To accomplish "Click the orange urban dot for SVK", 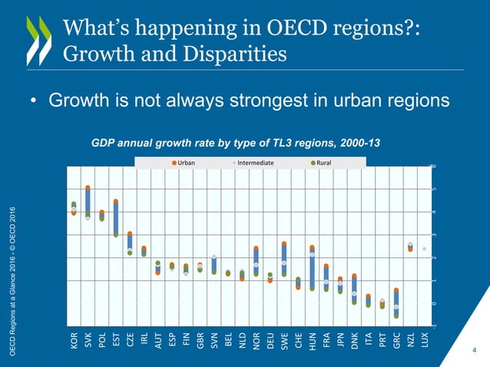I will tap(88, 188).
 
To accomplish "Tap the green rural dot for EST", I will tap(115, 234).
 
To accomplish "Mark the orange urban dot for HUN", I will tap(312, 248).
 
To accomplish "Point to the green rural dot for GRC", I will tap(396, 315).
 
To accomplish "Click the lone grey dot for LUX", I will tap(424, 249).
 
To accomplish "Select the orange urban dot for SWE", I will tap(284, 244).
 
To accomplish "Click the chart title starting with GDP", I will tap(236, 143).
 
